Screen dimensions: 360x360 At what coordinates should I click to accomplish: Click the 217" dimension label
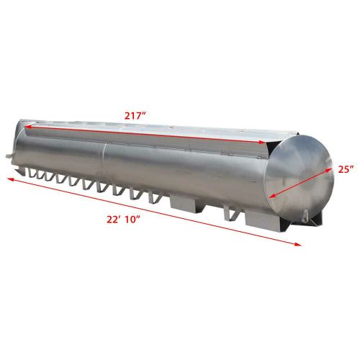pos(135,116)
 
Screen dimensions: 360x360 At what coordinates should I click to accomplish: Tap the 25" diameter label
pos(346,169)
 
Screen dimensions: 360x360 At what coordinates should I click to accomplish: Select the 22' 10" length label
pos(123,220)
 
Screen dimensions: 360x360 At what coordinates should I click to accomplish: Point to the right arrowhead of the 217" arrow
pos(260,142)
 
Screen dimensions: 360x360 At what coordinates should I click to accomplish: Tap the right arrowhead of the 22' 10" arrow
pos(297,244)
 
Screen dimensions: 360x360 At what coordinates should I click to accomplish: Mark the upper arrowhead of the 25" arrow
pos(329,170)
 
